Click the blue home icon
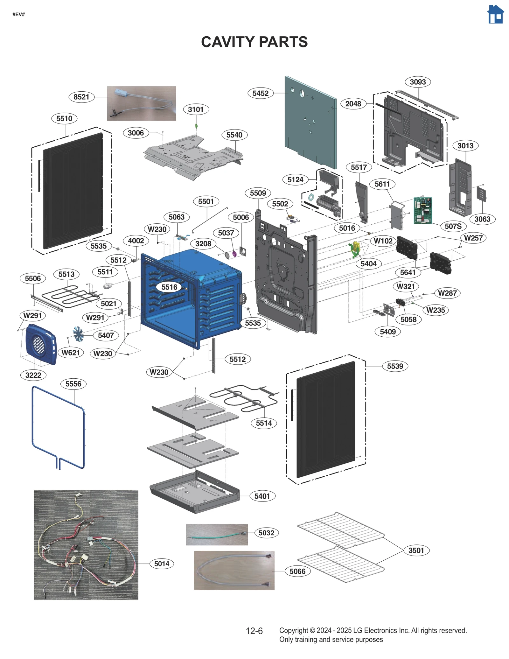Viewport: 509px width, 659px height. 495,14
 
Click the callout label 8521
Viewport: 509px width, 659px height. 81,97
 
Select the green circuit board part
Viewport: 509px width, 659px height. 422,210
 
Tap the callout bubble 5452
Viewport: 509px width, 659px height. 260,93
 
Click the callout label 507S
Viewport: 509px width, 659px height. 453,226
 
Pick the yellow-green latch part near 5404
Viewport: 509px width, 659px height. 355,248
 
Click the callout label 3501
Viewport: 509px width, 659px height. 416,550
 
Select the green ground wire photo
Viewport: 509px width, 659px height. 217,535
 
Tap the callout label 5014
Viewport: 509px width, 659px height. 162,564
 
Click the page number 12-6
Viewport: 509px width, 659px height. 254,631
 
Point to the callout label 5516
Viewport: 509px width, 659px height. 169,287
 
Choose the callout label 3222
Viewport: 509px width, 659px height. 33,375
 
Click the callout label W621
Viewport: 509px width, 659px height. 70,353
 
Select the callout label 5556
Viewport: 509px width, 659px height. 73,384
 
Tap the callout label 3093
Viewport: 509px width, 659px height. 417,82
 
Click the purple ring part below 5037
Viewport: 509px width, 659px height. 234,254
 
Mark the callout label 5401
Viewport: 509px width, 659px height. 262,496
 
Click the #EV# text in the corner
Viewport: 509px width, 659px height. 18,14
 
